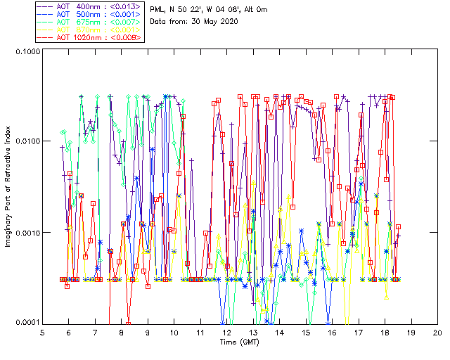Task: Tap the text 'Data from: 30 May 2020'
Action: click(x=194, y=21)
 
